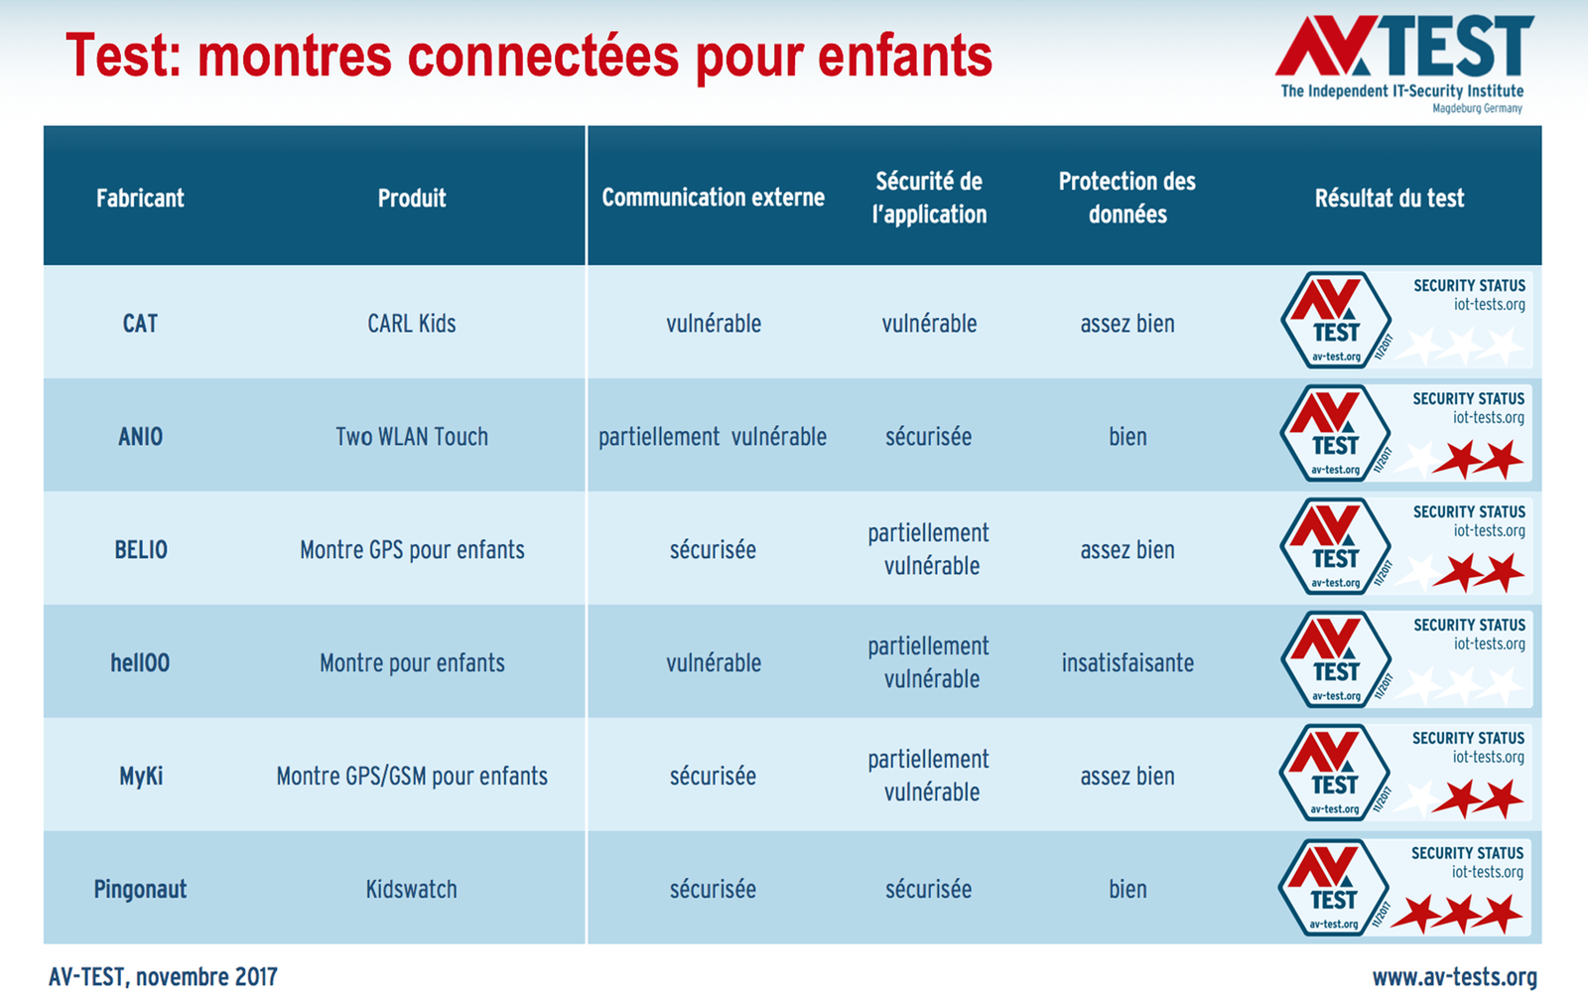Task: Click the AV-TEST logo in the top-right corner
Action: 1403,63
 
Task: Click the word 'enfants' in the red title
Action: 905,56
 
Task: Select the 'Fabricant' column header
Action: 140,198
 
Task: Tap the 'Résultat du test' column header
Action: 1389,198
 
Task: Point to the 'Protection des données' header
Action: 1127,198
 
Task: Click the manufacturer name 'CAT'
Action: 140,324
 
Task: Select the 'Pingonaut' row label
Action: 140,889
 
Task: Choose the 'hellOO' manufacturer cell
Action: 140,663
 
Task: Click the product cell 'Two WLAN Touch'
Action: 412,437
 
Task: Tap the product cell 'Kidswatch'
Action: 412,889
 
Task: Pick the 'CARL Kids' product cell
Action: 412,324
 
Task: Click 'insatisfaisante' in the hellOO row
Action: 1127,663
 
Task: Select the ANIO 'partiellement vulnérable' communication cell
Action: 713,437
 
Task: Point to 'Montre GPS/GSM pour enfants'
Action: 412,777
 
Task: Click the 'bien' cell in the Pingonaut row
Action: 1127,889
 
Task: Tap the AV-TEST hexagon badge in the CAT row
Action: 1336,321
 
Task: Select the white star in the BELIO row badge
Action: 1418,572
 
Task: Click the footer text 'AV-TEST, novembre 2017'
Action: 163,977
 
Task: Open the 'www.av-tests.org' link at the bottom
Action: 1455,978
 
